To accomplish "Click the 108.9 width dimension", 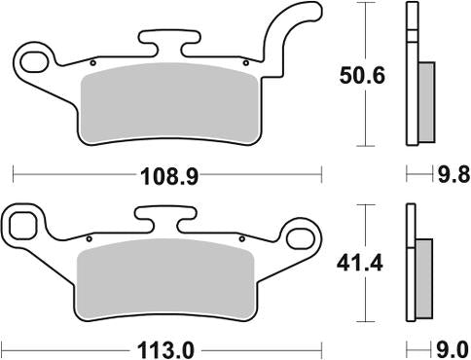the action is pos(169,177).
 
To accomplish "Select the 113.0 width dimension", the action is pos(165,350).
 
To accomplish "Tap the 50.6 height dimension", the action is pos(362,76).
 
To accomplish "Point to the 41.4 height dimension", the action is pos(360,264).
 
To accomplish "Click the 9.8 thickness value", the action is pos(453,175).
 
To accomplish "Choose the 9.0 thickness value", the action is pos(453,350).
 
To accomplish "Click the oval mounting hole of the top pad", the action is pos(34,61).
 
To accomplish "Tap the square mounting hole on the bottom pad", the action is pos(22,226).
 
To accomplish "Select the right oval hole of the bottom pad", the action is pos(301,238).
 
